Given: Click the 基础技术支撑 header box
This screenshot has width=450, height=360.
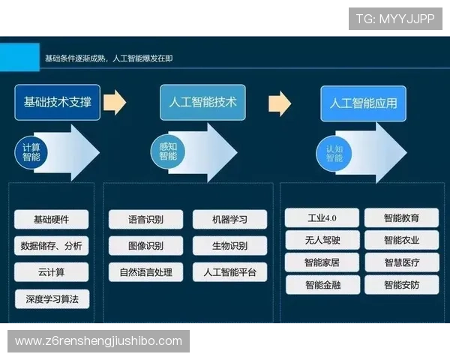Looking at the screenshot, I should [58, 102].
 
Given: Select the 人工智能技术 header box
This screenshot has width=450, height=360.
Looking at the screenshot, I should [199, 102].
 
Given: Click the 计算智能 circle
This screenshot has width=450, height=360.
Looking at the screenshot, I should [31, 152].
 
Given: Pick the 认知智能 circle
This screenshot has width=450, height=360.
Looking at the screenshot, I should [334, 153].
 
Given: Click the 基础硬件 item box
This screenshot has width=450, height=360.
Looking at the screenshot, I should [51, 220].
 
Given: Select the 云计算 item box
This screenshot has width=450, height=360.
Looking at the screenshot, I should [51, 271].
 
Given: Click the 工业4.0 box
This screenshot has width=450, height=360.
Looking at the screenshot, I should [322, 218].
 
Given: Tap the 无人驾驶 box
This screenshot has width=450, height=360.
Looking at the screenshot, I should [322, 241].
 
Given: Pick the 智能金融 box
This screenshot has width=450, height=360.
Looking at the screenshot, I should [322, 285].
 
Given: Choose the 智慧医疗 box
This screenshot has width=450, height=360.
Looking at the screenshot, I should [401, 262].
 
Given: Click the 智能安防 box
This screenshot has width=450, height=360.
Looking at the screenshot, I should [401, 285].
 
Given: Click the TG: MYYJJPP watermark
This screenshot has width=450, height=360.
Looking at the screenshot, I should [395, 19].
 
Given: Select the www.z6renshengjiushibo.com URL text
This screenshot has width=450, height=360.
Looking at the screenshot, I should [98, 341].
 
